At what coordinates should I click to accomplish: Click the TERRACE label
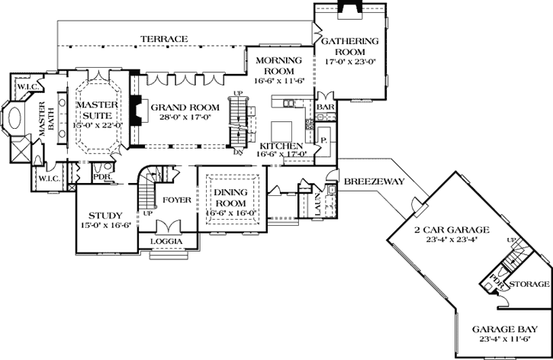point(164,38)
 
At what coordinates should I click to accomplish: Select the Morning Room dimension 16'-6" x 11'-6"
point(279,79)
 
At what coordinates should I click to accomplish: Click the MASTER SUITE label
point(95,108)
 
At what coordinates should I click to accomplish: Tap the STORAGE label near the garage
point(529,283)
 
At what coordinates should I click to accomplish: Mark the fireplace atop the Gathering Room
point(350,8)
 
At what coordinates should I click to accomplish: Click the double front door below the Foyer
point(167,227)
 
